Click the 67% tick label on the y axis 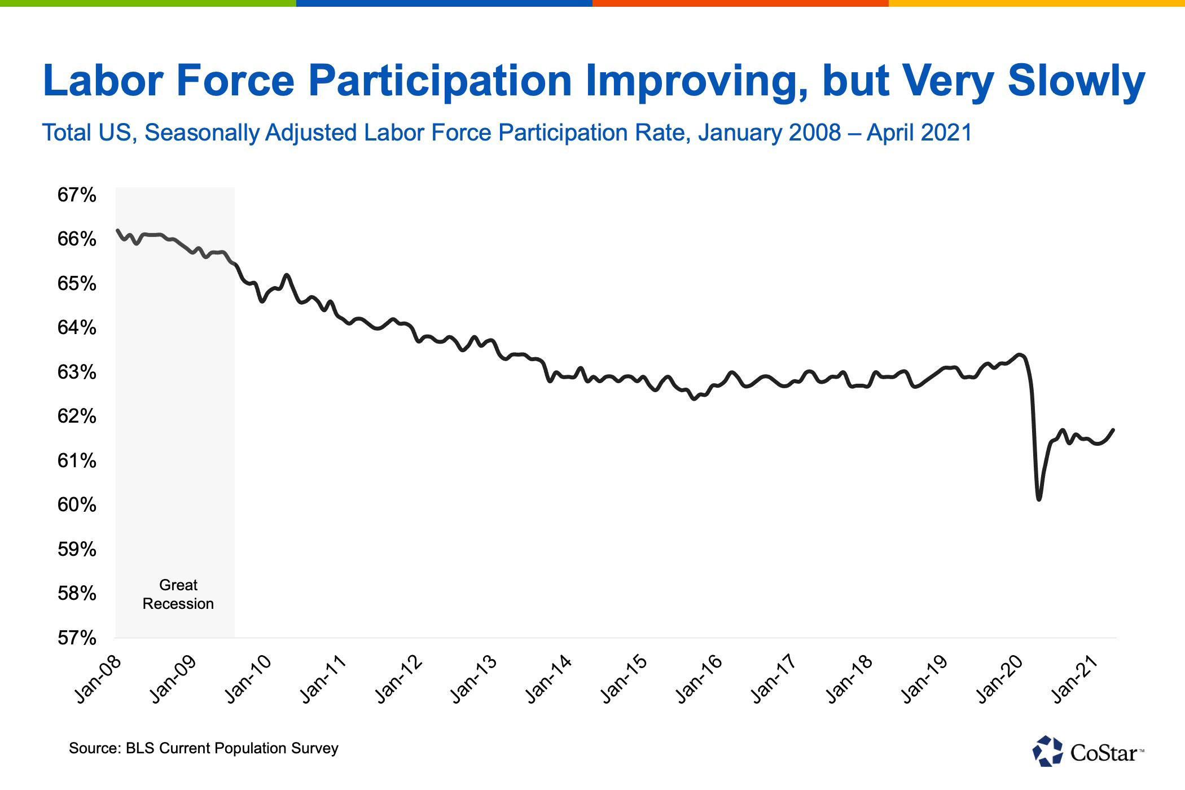pyautogui.click(x=77, y=195)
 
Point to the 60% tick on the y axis pyautogui.click(x=77, y=504)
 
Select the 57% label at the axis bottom pyautogui.click(x=77, y=638)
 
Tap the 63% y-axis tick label pyautogui.click(x=77, y=372)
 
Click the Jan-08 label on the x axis pyautogui.click(x=99, y=679)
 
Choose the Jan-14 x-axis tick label pyautogui.click(x=549, y=679)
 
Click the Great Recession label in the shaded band pyautogui.click(x=178, y=594)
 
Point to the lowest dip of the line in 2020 pyautogui.click(x=1039, y=499)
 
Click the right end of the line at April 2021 pyautogui.click(x=1113, y=430)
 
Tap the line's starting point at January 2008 pyautogui.click(x=117, y=230)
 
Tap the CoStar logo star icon pyautogui.click(x=1047, y=751)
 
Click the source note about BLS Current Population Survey pyautogui.click(x=204, y=748)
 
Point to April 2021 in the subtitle pyautogui.click(x=919, y=133)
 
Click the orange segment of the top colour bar pyautogui.click(x=740, y=3)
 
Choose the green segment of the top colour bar pyautogui.click(x=148, y=3)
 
